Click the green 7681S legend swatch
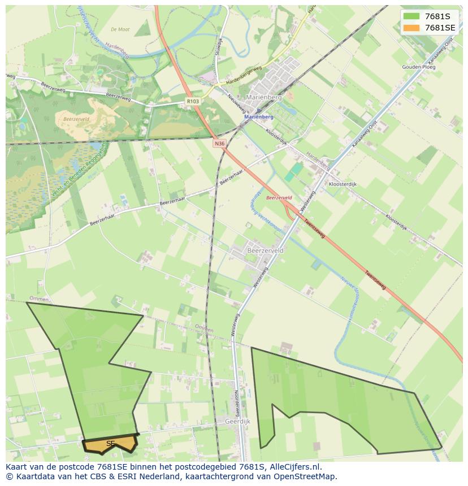[x=411, y=16]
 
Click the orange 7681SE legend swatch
[x=411, y=28]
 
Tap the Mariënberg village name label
[x=263, y=98]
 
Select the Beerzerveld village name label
[x=265, y=249]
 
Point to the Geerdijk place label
[x=237, y=421]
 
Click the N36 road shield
[x=219, y=144]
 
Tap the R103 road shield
[x=193, y=102]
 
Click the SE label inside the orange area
[x=110, y=444]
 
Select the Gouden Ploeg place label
[x=419, y=67]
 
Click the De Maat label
[x=120, y=29]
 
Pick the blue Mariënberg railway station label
[x=259, y=117]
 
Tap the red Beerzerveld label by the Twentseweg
[x=279, y=198]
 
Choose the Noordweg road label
[x=237, y=400]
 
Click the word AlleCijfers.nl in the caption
[x=295, y=467]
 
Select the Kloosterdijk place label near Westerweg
[x=343, y=185]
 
